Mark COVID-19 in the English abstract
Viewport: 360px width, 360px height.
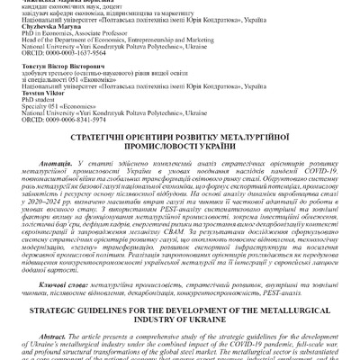[x=269, y=359]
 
